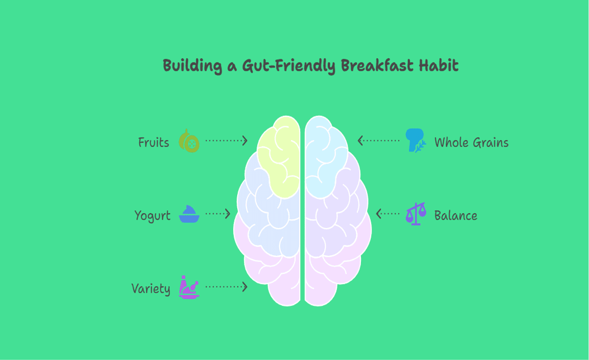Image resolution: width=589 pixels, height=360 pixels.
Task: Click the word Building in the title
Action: pyautogui.click(x=192, y=66)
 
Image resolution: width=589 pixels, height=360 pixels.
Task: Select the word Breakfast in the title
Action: pyautogui.click(x=377, y=66)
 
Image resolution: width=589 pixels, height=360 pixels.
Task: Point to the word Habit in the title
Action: pyautogui.click(x=439, y=66)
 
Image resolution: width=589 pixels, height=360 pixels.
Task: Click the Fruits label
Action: pyautogui.click(x=153, y=143)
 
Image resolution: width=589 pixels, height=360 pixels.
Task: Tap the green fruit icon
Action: pyautogui.click(x=189, y=141)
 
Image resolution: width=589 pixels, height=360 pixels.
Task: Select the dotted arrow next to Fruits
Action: pyautogui.click(x=226, y=141)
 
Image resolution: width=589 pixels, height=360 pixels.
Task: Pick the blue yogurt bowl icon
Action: pyautogui.click(x=189, y=214)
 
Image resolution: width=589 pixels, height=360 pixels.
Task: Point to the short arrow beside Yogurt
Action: pyautogui.click(x=218, y=214)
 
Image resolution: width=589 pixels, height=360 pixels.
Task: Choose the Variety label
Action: pyautogui.click(x=151, y=289)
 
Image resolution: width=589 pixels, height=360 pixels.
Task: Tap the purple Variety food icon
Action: pyautogui.click(x=189, y=287)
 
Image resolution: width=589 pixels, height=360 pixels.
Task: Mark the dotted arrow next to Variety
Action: pyautogui.click(x=226, y=287)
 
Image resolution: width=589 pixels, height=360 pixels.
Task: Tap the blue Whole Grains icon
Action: pyautogui.click(x=416, y=140)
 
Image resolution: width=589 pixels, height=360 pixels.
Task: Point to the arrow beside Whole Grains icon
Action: pyautogui.click(x=379, y=141)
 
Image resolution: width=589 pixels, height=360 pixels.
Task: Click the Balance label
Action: pyautogui.click(x=456, y=216)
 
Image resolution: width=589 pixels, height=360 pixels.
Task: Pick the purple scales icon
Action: pyautogui.click(x=416, y=214)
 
